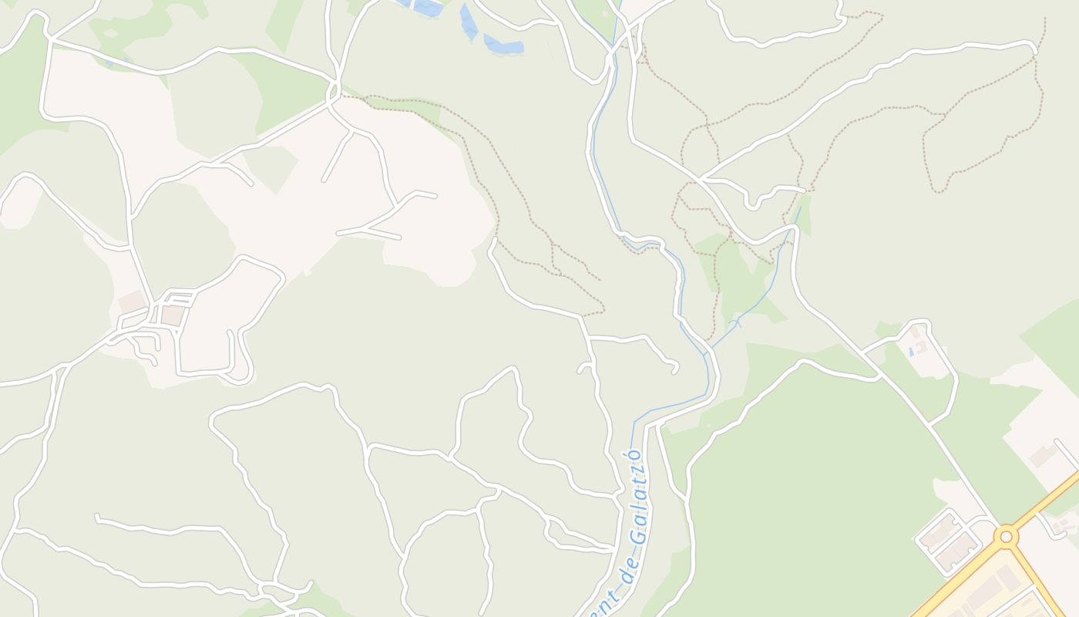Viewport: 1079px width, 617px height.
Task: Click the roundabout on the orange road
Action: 1006,536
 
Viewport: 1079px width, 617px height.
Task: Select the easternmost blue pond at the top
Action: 504,46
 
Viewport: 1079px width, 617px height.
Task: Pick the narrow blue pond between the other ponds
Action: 468,22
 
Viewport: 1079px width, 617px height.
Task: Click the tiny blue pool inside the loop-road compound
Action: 910,352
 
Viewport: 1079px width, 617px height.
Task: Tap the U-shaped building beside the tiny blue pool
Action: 920,347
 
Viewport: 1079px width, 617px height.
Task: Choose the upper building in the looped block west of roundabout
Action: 939,531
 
